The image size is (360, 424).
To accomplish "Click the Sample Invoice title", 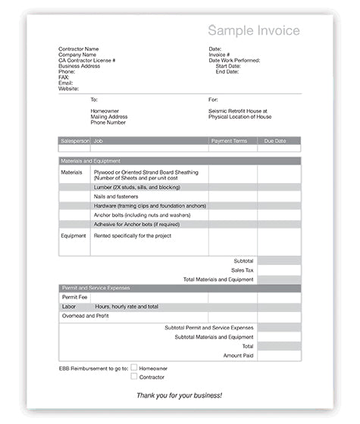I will (x=254, y=31).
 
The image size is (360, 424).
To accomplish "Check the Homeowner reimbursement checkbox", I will (x=134, y=367).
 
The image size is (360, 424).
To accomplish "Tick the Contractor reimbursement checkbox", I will (x=134, y=376).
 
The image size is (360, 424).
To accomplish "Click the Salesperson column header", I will (x=74, y=140).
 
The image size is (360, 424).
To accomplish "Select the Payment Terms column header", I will (x=229, y=140).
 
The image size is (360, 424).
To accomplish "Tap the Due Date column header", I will (x=275, y=140).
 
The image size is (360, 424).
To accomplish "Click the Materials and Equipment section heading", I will (x=90, y=161).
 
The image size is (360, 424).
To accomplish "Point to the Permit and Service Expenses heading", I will (x=95, y=288).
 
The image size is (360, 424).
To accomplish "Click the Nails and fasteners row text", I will (x=117, y=196).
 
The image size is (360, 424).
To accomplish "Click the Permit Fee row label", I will (x=74, y=297).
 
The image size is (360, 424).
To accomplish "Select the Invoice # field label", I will (x=219, y=55).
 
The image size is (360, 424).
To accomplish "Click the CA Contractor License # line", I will (x=86, y=60).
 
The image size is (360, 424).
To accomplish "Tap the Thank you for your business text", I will (x=179, y=395).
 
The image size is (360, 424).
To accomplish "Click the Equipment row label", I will (x=74, y=235).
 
